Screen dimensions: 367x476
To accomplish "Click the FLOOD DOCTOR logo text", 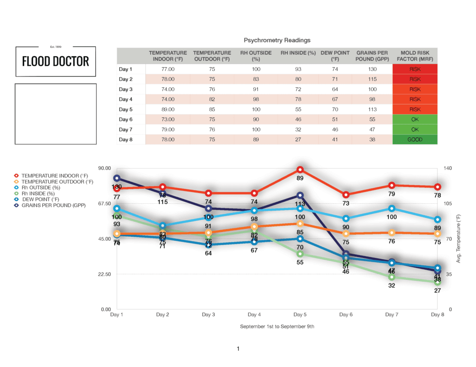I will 56,61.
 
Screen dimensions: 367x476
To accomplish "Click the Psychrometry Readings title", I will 277,40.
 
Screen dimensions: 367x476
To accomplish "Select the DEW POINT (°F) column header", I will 332,56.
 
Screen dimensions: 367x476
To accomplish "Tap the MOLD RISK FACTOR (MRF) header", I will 415,56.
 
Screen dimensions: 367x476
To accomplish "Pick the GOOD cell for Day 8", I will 415,140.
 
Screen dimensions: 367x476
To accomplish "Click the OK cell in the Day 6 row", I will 415,120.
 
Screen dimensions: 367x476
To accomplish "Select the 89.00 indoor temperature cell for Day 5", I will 168,109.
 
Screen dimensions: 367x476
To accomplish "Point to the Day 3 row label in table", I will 126,89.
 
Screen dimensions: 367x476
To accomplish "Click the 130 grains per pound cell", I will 372,69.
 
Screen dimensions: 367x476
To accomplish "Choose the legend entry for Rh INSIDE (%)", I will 38,193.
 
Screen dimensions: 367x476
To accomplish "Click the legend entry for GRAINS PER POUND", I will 53,205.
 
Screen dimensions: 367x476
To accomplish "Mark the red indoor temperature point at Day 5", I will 300,170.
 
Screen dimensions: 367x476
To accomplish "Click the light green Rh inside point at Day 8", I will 437,282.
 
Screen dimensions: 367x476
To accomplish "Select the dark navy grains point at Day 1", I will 117,178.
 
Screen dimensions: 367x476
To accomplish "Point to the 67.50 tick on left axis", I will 103,203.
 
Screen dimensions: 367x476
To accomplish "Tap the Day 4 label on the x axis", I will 254,315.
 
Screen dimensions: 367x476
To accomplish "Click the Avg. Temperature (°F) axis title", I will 458,238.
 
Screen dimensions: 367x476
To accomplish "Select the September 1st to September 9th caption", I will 277,327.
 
